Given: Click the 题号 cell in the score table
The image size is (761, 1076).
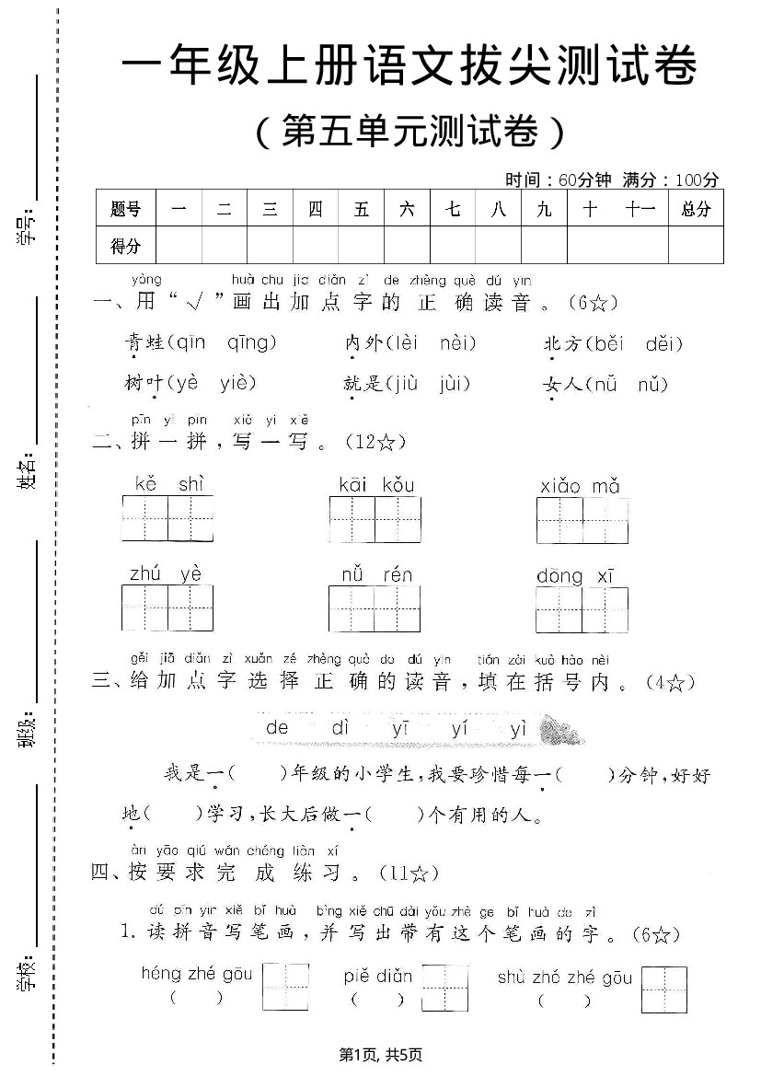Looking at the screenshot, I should coord(126,209).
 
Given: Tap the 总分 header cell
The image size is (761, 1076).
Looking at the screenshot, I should coord(696,209).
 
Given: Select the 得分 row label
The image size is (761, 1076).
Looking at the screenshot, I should coord(126,246).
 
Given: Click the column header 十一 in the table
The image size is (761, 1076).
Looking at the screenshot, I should coord(640,209).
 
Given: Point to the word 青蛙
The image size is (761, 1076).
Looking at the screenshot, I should coord(144,343).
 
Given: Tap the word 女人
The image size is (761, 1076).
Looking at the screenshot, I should coord(563,384).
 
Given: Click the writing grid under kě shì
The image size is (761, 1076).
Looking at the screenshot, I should coord(167,519).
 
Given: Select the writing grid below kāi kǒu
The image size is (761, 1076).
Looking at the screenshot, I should coord(375,520).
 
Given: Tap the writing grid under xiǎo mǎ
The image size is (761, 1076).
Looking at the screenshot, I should coord(582,520).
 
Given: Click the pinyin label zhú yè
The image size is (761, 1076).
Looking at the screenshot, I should coord(166,574).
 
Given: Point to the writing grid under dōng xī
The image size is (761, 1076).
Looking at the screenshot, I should coord(582,609).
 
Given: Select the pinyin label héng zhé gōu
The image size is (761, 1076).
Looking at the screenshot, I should coord(196,974).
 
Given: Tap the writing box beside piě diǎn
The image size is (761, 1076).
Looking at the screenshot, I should coord(445,987).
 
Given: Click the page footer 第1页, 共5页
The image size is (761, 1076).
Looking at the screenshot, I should coord(380,1055).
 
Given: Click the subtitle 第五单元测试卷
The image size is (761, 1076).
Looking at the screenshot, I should coord(409,133).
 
